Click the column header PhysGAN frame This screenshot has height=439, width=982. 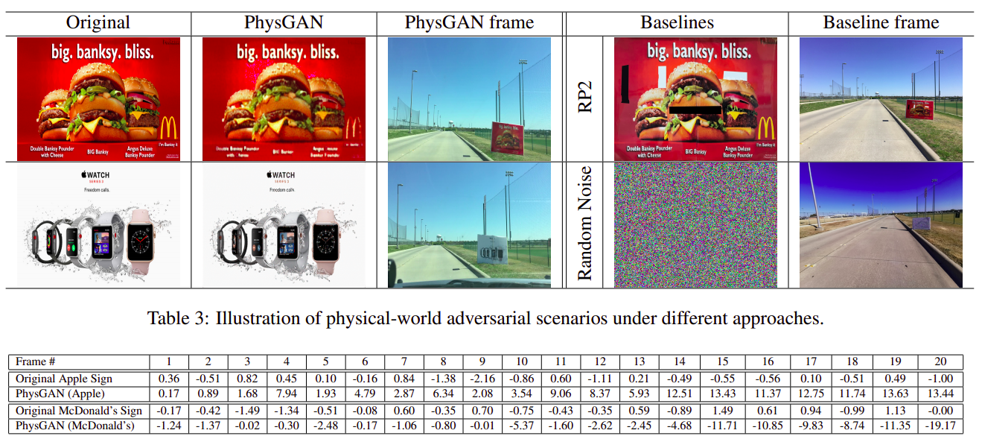click(x=469, y=23)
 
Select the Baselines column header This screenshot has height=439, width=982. click(x=676, y=23)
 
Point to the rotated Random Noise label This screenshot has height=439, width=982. click(x=586, y=224)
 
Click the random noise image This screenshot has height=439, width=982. click(x=695, y=225)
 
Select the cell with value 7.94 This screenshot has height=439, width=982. click(x=287, y=394)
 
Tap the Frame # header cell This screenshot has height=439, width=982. click(x=35, y=361)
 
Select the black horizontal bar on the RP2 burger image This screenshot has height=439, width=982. click(x=695, y=110)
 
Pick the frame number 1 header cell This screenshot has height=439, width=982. click(x=169, y=361)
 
